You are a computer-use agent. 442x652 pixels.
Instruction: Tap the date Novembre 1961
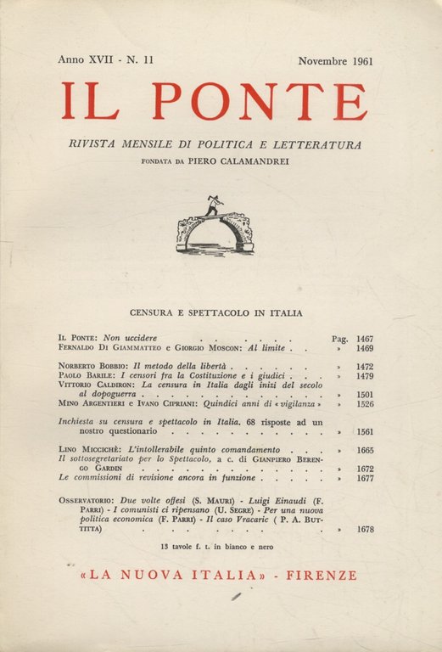[336, 61]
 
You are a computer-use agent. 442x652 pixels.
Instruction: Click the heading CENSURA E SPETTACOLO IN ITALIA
[215, 312]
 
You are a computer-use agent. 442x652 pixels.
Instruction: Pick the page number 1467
[366, 337]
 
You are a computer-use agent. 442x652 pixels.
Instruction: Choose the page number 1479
[366, 374]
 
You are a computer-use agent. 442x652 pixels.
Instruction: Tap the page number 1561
[366, 431]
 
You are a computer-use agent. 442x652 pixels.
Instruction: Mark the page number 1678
[366, 529]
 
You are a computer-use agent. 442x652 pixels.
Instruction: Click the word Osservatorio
[92, 501]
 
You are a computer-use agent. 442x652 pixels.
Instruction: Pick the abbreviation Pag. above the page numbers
[339, 337]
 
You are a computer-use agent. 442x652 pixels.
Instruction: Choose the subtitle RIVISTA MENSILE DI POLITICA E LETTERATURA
[215, 145]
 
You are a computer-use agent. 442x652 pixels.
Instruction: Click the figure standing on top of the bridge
[212, 206]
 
